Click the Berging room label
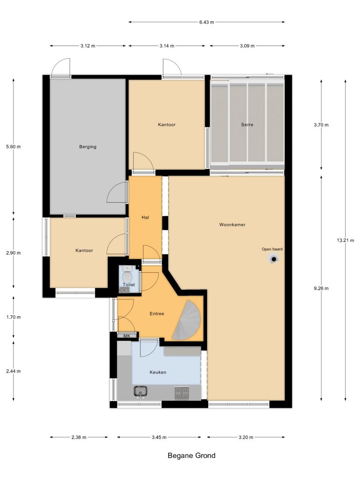pyautogui.click(x=88, y=147)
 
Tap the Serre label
pyautogui.click(x=247, y=125)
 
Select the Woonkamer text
pyautogui.click(x=232, y=224)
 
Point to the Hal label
pyautogui.click(x=145, y=218)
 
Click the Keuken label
pyautogui.click(x=158, y=372)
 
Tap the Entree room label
pyautogui.click(x=157, y=313)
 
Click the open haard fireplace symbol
pyautogui.click(x=274, y=259)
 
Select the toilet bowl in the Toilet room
pyautogui.click(x=127, y=277)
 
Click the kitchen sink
pyautogui.click(x=140, y=391)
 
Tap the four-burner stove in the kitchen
pyautogui.click(x=182, y=393)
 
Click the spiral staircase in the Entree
pyautogui.click(x=186, y=320)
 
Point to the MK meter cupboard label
pyautogui.click(x=127, y=336)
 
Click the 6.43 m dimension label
pyautogui.click(x=207, y=22)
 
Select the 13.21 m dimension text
pyautogui.click(x=345, y=240)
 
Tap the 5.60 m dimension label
pyautogui.click(x=13, y=147)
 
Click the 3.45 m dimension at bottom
pyautogui.click(x=159, y=437)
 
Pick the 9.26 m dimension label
pyautogui.click(x=321, y=288)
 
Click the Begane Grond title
pyautogui.click(x=192, y=455)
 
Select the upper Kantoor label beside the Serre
pyautogui.click(x=167, y=125)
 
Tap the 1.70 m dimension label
pyautogui.click(x=13, y=317)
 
